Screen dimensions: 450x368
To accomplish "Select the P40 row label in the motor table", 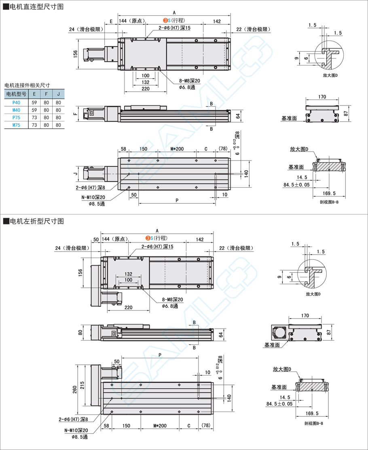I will pyautogui.click(x=16, y=103).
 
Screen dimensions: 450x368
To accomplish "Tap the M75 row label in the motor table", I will pyautogui.click(x=16, y=125).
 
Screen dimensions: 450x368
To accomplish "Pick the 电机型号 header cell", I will pyautogui.click(x=16, y=95).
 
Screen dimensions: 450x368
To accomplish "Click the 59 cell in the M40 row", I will pyautogui.click(x=34, y=110).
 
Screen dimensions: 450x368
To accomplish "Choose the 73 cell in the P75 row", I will pyautogui.click(x=34, y=118).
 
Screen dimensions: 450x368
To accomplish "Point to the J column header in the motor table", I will pyautogui.click(x=58, y=95).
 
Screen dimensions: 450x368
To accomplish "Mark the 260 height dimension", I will pyautogui.click(x=74, y=389).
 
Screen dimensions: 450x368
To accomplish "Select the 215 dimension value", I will pyautogui.click(x=82, y=385).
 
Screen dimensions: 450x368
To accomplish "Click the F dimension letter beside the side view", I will pyautogui.click(x=75, y=114).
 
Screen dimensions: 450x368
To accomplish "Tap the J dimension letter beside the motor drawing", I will pyautogui.click(x=75, y=174).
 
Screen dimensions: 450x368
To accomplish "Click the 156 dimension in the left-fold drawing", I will pyautogui.click(x=80, y=273).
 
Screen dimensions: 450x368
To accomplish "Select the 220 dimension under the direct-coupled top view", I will pyautogui.click(x=146, y=88).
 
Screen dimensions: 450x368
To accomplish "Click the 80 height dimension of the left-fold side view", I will pyautogui.click(x=80, y=333).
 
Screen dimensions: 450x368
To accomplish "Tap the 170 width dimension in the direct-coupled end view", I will pyautogui.click(x=322, y=97).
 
